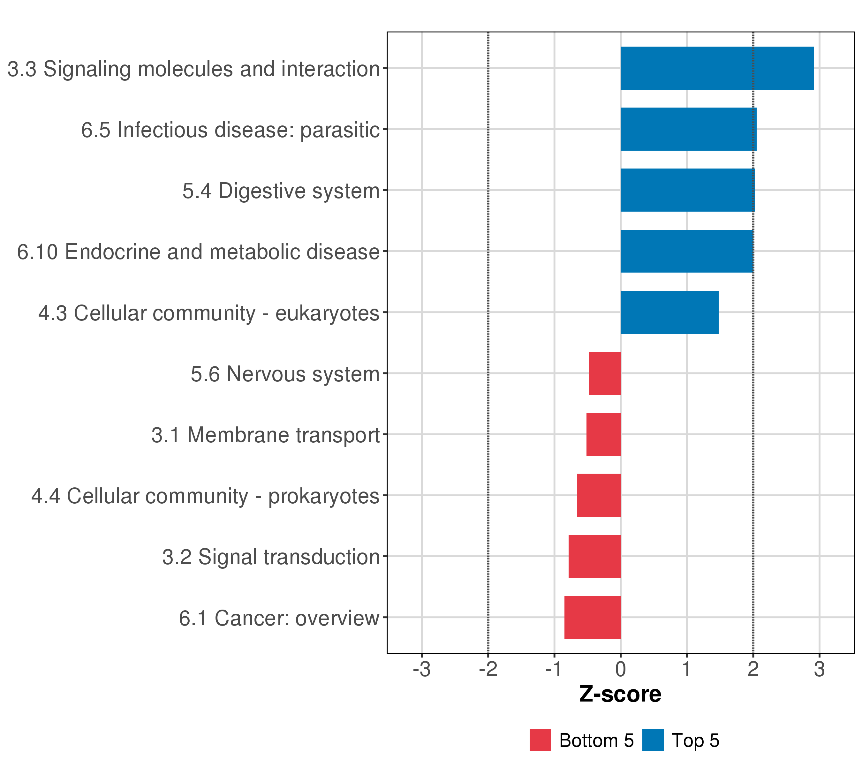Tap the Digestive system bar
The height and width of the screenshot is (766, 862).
pyautogui.click(x=687, y=190)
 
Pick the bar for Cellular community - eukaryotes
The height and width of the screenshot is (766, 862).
pyautogui.click(x=669, y=312)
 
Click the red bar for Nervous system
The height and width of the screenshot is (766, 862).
pyautogui.click(x=605, y=373)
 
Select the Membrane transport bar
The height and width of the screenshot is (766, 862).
pyautogui.click(x=603, y=434)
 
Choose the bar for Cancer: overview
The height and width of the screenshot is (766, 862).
pyautogui.click(x=593, y=617)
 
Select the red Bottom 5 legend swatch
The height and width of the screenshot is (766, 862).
pyautogui.click(x=540, y=740)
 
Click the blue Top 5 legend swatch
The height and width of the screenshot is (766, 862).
pyautogui.click(x=653, y=740)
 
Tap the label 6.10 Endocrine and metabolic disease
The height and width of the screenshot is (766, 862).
pyautogui.click(x=198, y=252)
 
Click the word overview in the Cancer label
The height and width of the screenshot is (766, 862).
pyautogui.click(x=337, y=619)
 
